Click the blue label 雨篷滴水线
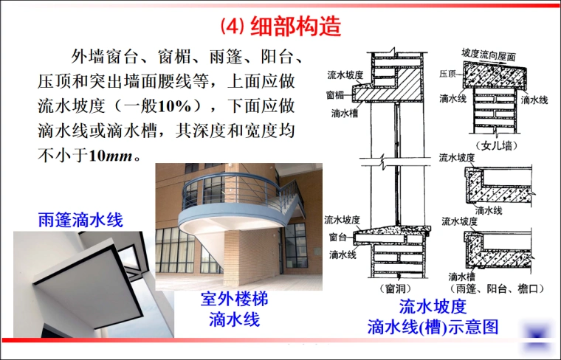click(x=80, y=220)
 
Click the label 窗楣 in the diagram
click(x=335, y=95)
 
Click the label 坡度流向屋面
click(x=488, y=55)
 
